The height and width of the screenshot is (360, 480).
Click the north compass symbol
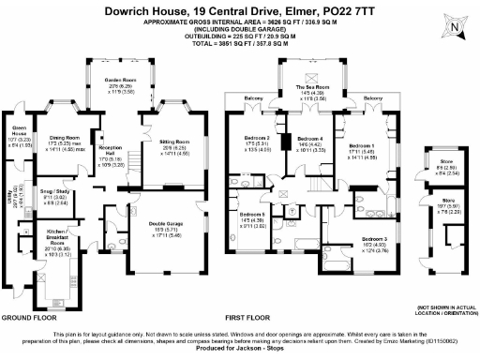pyautogui.click(x=454, y=27)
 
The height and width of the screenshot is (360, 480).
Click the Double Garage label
pyautogui.click(x=164, y=222)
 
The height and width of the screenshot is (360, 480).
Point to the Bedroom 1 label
pyautogui.click(x=361, y=146)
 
